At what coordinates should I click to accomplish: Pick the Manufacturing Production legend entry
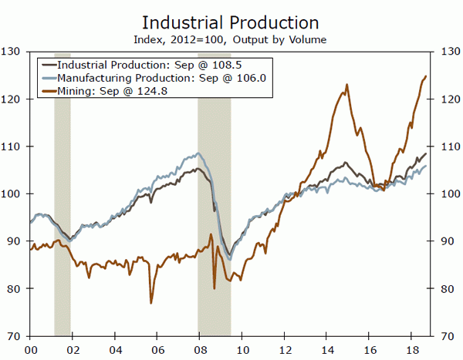(128, 78)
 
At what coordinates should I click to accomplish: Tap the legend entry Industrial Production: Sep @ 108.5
(124, 66)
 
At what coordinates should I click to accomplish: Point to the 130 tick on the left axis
(12, 52)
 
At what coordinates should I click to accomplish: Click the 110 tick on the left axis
(12, 146)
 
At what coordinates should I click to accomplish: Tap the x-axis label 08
(200, 348)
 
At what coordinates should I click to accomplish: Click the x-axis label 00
(30, 348)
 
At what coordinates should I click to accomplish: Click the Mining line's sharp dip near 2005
(151, 302)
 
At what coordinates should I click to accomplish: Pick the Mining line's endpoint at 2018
(427, 76)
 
